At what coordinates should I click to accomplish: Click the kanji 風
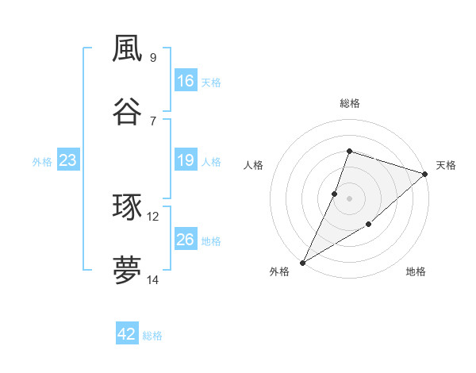click(127, 48)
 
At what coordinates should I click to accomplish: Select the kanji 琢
click(127, 207)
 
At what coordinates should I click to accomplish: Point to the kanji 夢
click(127, 271)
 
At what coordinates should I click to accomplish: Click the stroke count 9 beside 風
click(153, 58)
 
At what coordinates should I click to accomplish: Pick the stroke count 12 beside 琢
click(153, 216)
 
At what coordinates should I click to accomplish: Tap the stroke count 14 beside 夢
click(153, 279)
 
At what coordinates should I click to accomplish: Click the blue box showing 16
click(186, 81)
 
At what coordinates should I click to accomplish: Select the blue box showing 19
click(186, 160)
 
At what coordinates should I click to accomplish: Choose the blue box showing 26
click(186, 240)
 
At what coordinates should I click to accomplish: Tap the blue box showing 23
click(68, 160)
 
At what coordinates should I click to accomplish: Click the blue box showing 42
click(127, 334)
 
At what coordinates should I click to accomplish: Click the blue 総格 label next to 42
click(152, 336)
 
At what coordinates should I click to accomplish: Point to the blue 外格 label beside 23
click(42, 162)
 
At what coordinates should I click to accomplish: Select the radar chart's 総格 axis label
click(350, 103)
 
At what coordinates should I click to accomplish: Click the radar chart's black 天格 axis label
click(446, 165)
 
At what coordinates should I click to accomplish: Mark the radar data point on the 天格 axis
click(425, 174)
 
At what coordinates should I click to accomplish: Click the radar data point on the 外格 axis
click(302, 263)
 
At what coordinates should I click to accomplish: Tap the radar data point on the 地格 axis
click(369, 225)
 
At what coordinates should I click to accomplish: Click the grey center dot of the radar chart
click(350, 198)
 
